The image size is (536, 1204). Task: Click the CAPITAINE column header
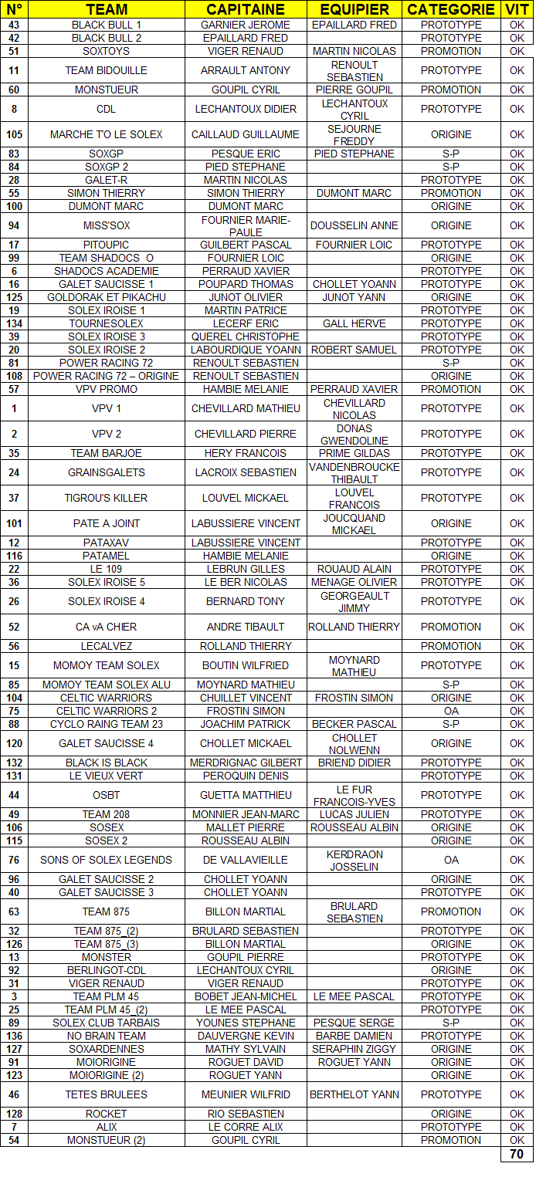(246, 9)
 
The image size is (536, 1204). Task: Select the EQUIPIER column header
(355, 9)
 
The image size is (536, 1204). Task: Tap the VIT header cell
(517, 9)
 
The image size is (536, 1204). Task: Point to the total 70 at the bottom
(517, 1155)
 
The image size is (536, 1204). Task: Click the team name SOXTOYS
(107, 51)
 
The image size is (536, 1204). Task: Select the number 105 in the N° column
(14, 134)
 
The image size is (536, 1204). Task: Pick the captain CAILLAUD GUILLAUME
(246, 134)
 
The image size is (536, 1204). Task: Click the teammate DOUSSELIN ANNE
(355, 225)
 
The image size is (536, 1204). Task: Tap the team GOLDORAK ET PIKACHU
(107, 297)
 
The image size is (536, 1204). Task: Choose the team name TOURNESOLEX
(107, 323)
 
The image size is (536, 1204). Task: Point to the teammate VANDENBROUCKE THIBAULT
(355, 472)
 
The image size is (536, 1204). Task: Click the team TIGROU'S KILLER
(107, 498)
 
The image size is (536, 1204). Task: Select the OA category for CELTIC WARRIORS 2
(451, 711)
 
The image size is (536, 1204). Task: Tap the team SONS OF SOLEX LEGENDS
(107, 860)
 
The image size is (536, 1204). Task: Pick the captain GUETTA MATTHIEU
(246, 795)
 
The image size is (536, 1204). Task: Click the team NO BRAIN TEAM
(107, 1036)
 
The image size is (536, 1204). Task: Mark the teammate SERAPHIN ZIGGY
(355, 1049)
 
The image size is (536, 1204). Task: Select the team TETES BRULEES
(107, 1094)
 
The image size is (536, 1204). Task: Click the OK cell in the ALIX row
(517, 1127)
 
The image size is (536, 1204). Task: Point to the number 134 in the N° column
(14, 323)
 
